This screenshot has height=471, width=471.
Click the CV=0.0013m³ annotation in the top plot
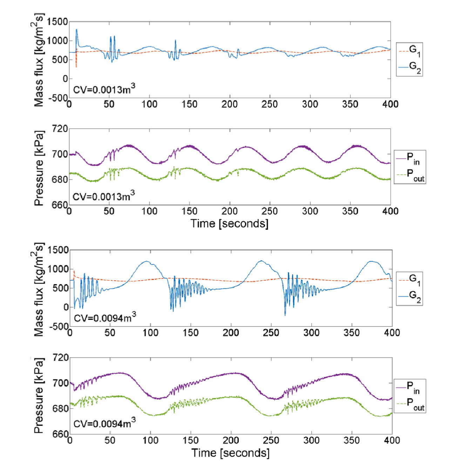[104, 89]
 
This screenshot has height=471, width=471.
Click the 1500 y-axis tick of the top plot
[57, 22]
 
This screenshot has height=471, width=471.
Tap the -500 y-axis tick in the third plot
[58, 326]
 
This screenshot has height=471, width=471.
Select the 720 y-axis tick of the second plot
[60, 129]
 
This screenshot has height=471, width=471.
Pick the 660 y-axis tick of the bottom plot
[60, 434]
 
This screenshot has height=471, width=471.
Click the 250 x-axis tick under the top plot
[270, 104]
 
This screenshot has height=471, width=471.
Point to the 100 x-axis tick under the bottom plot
[150, 440]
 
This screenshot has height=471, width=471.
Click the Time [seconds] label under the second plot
[229, 224]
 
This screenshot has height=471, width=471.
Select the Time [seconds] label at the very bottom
[230, 453]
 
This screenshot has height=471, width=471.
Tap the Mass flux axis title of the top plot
[39, 60]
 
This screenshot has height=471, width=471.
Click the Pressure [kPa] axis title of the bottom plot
[39, 395]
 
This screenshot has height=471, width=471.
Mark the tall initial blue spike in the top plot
[76, 30]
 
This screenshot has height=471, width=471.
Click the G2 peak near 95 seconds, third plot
[146, 261]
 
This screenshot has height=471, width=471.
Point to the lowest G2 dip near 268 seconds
[285, 315]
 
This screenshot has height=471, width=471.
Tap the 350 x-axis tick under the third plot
[351, 333]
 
